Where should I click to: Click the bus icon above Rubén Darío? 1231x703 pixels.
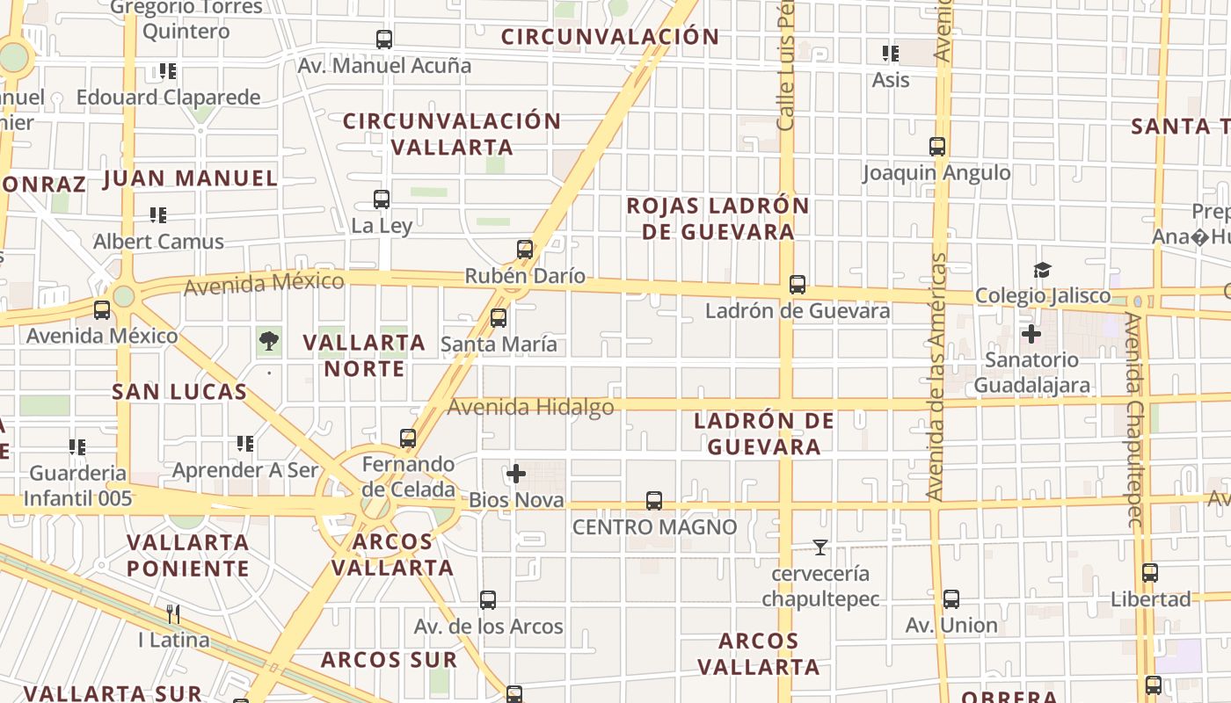coord(525,250)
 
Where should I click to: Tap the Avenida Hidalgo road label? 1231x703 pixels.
coord(530,407)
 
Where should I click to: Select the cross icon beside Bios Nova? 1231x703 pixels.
coord(516,475)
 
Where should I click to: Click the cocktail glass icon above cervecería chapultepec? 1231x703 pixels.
coord(820,547)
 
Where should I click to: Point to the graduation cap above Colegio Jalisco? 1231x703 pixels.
coord(1042,270)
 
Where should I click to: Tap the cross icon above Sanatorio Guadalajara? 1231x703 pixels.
coord(1031,334)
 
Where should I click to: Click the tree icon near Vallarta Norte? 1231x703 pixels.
coord(269,340)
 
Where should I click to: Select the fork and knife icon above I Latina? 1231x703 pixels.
coord(173,613)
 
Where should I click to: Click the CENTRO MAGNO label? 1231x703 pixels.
coord(654,527)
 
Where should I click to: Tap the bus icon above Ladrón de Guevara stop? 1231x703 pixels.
coord(798,285)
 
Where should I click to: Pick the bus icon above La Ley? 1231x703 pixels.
coord(382,199)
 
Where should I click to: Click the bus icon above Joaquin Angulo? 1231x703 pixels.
coord(937,147)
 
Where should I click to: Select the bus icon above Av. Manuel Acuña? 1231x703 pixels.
coord(384,40)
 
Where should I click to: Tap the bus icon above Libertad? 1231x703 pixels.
coord(1149,573)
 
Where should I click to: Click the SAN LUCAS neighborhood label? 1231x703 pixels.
coord(179,392)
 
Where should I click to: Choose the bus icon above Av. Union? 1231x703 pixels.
coord(951,599)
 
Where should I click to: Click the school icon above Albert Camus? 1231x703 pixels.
coord(158,214)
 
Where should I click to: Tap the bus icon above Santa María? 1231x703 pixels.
coord(499,317)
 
